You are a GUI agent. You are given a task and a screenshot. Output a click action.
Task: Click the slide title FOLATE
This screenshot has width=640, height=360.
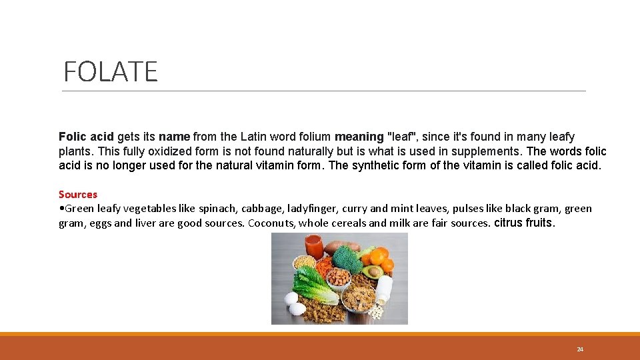click(x=111, y=71)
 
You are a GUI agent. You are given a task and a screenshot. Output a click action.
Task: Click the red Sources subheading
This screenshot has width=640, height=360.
click(x=78, y=195)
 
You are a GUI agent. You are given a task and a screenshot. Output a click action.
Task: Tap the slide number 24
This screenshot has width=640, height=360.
click(x=580, y=349)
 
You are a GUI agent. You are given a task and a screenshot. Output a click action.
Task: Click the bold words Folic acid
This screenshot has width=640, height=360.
click(x=86, y=137)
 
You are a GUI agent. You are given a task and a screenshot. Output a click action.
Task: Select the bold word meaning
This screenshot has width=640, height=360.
click(x=359, y=137)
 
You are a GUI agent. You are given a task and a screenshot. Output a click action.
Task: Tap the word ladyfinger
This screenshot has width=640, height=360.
click(x=315, y=209)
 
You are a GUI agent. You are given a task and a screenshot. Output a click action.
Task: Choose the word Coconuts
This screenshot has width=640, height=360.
click(x=272, y=223)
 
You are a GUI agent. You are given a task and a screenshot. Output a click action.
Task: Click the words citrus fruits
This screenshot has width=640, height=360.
click(x=524, y=223)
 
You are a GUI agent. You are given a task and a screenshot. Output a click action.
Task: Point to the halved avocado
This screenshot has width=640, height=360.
click(x=374, y=271)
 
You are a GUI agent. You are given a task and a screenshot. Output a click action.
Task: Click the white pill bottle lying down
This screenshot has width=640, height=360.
click(x=384, y=287)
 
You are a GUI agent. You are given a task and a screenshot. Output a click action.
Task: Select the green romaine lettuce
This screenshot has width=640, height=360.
click(x=313, y=285)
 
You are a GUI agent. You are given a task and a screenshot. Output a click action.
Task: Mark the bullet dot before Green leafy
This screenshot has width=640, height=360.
click(x=61, y=209)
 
